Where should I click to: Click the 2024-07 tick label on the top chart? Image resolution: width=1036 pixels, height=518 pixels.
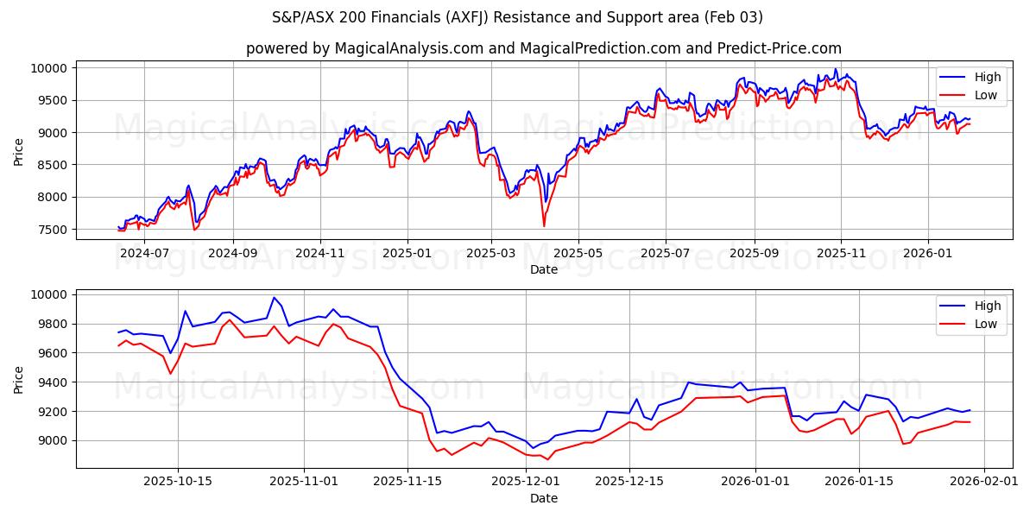144,253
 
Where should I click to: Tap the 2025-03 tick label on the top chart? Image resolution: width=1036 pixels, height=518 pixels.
491,253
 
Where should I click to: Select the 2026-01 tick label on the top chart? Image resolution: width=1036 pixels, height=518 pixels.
928,253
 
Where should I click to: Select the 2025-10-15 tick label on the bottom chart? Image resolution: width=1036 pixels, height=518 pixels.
179,482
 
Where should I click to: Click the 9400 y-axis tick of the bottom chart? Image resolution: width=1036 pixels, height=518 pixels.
54,382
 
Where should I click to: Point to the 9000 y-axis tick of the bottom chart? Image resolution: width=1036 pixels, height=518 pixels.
54,440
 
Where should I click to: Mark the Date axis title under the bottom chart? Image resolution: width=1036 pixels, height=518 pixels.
544,498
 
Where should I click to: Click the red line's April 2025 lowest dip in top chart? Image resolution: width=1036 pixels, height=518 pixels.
544,226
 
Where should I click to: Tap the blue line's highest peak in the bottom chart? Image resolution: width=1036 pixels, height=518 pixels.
275,298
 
